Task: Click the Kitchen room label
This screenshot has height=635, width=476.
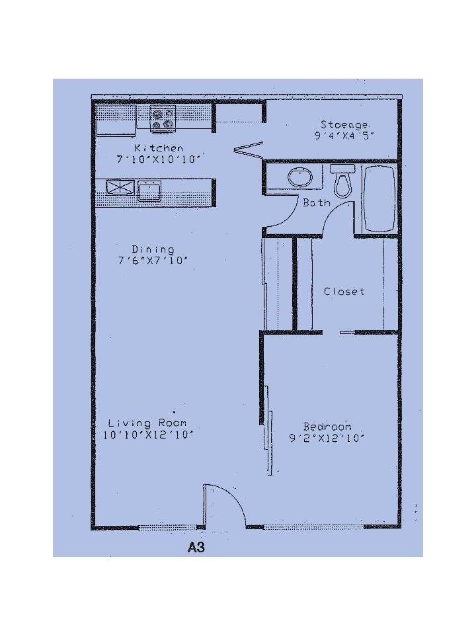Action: pyautogui.click(x=158, y=148)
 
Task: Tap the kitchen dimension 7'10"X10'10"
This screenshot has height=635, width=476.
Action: pyautogui.click(x=159, y=159)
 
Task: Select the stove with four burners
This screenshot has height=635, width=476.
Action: pyautogui.click(x=163, y=119)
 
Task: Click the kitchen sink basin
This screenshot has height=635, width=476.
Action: pyautogui.click(x=149, y=190)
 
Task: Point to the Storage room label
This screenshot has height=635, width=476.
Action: pyautogui.click(x=344, y=125)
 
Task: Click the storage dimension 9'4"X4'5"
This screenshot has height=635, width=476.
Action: pyautogui.click(x=344, y=135)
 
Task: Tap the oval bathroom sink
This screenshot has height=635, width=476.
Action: pyautogui.click(x=300, y=177)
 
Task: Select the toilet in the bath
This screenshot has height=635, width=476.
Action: pyautogui.click(x=342, y=181)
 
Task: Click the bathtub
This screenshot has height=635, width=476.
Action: pyautogui.click(x=379, y=198)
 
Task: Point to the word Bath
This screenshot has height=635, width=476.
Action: pyautogui.click(x=317, y=202)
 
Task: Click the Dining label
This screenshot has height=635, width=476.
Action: pyautogui.click(x=153, y=249)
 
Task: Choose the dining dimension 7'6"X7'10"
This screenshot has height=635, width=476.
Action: pyautogui.click(x=153, y=261)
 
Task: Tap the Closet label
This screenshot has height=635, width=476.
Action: pyautogui.click(x=344, y=291)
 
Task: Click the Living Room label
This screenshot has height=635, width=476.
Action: pyautogui.click(x=147, y=423)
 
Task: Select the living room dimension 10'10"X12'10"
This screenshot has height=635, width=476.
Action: pyautogui.click(x=147, y=435)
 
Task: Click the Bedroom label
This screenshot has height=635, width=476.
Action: pyautogui.click(x=327, y=427)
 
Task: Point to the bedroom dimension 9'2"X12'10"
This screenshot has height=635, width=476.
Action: pyautogui.click(x=327, y=438)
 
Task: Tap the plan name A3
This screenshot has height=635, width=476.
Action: pyautogui.click(x=196, y=548)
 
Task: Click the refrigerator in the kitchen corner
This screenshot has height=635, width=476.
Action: pyautogui.click(x=115, y=120)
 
